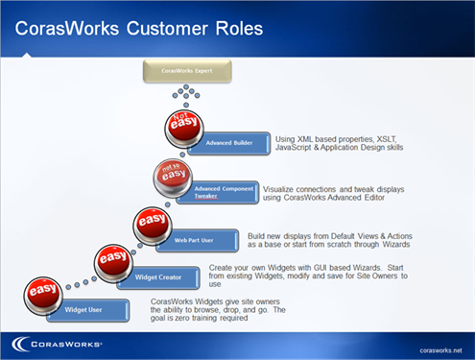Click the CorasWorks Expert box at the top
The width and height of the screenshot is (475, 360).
[x=188, y=70]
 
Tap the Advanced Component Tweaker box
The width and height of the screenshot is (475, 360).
[x=218, y=191]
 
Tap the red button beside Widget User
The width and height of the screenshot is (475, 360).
[x=43, y=292]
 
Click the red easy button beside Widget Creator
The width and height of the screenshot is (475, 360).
[x=113, y=260]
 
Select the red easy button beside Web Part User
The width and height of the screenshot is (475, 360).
[x=152, y=222]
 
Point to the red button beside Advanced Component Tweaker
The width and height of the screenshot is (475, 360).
[x=175, y=177]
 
